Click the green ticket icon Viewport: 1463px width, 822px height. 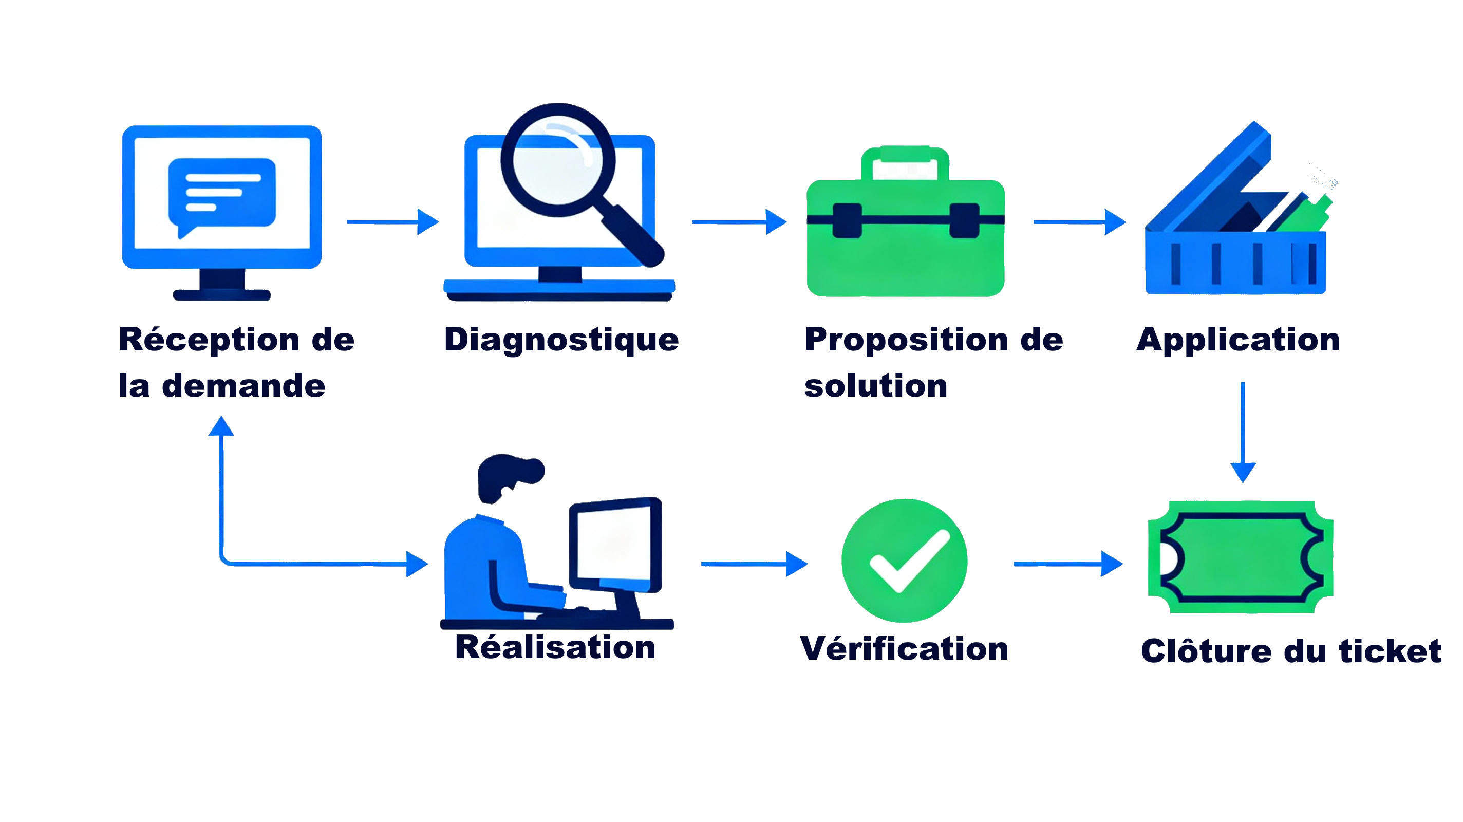(1241, 557)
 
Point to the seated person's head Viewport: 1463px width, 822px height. (507, 476)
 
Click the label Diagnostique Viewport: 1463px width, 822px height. (561, 340)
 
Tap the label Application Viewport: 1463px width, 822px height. (1238, 340)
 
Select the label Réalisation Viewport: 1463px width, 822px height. (555, 647)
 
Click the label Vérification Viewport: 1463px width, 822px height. (904, 648)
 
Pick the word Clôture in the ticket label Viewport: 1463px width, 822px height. (1206, 650)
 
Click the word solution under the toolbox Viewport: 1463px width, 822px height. (876, 386)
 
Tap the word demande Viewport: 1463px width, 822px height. (243, 386)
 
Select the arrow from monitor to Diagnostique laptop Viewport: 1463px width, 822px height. (392, 221)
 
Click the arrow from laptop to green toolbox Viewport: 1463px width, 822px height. (738, 221)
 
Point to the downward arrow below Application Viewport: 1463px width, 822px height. (1243, 432)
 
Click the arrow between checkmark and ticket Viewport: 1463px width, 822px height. (1068, 564)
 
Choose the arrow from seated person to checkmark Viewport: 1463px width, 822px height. (754, 564)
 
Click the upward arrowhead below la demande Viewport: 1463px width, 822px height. (221, 426)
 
